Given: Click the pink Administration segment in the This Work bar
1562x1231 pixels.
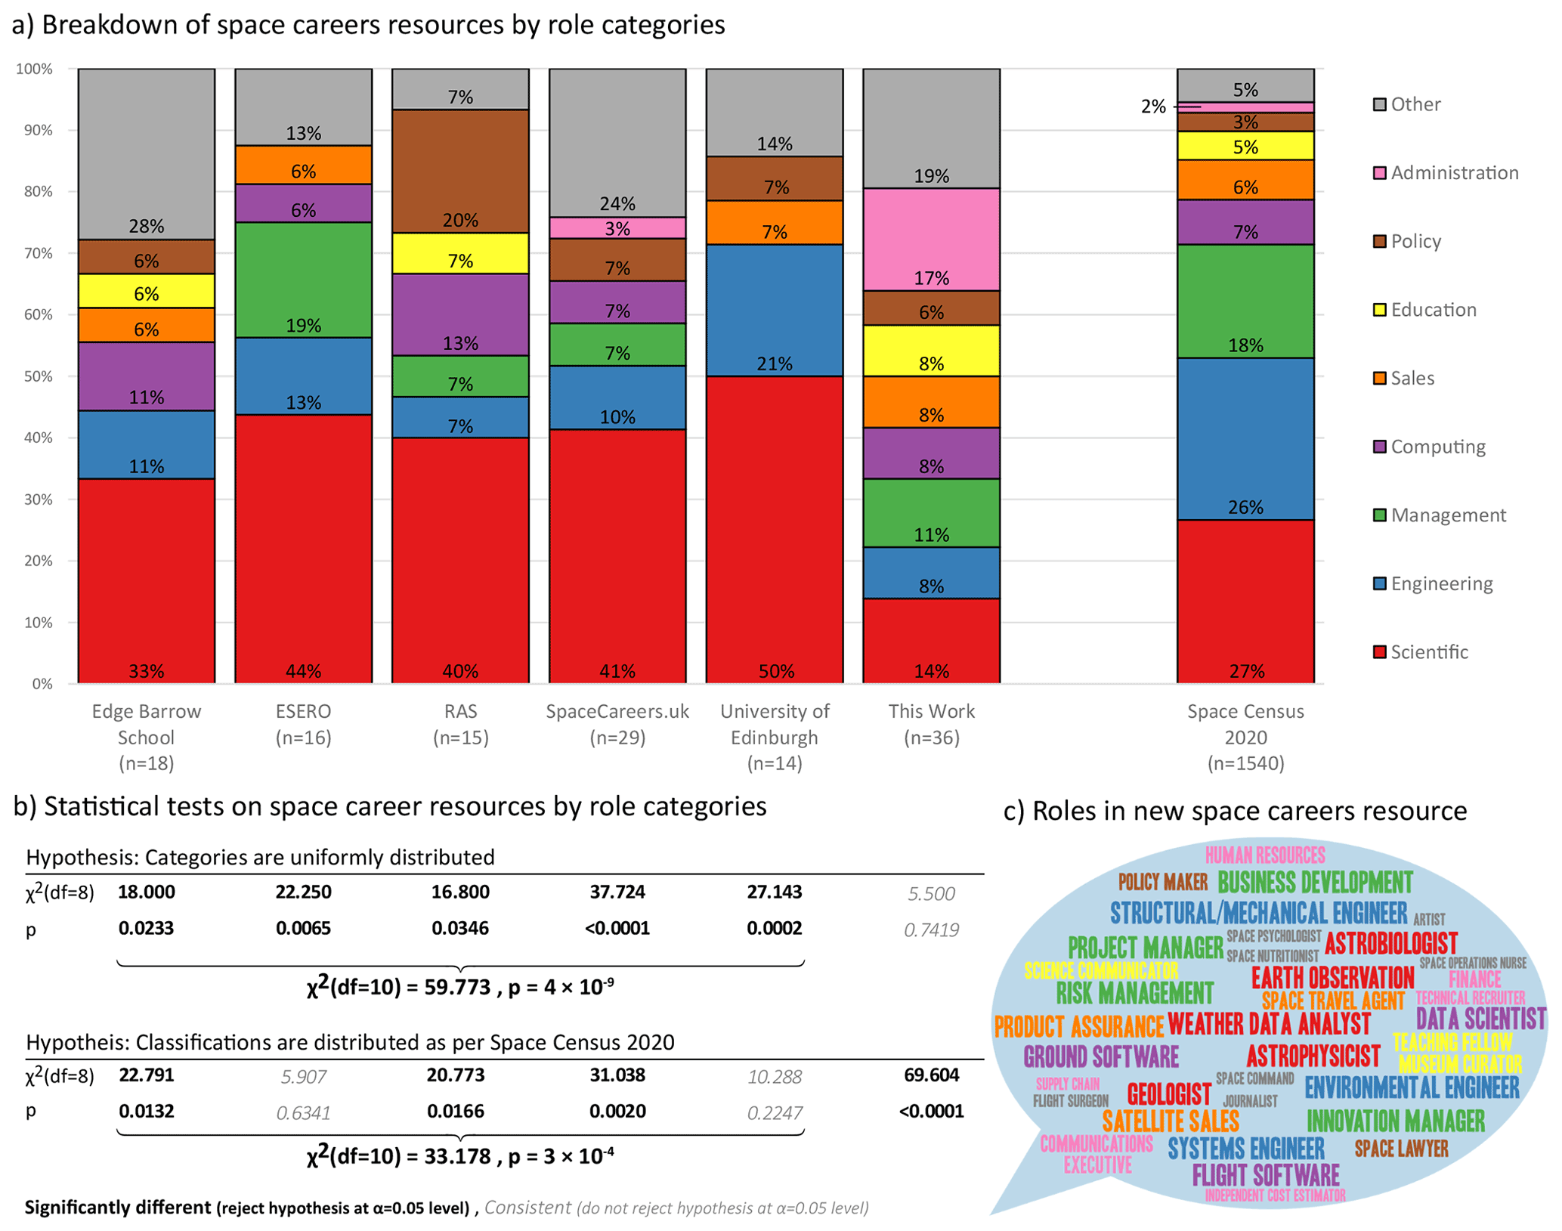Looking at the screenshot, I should coord(931,239).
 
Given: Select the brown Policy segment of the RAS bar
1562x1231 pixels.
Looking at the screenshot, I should coord(460,171).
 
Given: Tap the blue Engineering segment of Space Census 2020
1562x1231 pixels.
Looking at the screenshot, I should coord(1245,438).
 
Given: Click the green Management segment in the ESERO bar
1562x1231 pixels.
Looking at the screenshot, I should coord(303,280).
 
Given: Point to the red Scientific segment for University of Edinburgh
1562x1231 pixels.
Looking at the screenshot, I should coord(774,529).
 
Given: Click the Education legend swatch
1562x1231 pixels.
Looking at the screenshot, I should coord(1380,310).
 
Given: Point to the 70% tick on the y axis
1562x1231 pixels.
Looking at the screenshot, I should coord(35,253).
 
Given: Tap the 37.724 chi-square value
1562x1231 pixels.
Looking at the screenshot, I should coord(617,892).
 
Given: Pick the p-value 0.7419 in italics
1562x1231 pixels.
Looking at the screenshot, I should coord(931,929).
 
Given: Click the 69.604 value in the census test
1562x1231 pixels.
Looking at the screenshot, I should coord(931,1075).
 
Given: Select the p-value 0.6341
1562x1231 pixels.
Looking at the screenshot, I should coord(303,1113).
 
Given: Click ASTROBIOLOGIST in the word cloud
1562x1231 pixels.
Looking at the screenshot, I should coord(1390,943).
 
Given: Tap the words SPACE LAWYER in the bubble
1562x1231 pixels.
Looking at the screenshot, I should coord(1401,1149).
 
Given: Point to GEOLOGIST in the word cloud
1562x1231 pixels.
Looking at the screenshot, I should coord(1168,1093).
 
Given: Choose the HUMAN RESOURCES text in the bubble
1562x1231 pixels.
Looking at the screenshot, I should coord(1264,855).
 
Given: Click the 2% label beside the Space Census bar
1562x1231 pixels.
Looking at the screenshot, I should coord(1153,107).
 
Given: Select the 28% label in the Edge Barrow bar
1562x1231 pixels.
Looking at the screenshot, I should coord(146,226).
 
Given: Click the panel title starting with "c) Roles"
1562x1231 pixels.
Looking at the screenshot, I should coord(1234,811).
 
